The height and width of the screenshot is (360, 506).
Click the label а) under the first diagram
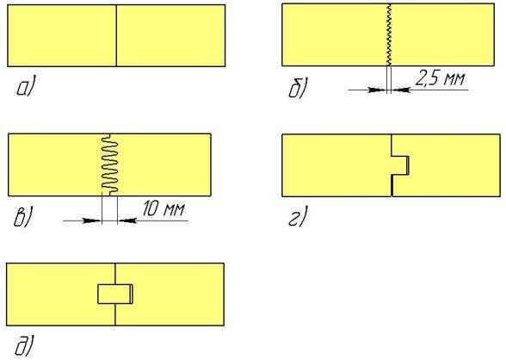tap(25, 86)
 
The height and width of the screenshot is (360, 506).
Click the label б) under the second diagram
tap(298, 88)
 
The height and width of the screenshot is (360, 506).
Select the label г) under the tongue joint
tap(298, 217)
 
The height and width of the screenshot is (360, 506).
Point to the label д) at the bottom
tap(24, 346)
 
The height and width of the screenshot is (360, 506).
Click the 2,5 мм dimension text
tap(440, 78)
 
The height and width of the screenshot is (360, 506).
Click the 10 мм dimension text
tap(164, 208)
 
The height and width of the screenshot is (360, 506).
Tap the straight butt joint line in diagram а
tap(116, 35)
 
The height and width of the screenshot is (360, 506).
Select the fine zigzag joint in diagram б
tap(389, 34)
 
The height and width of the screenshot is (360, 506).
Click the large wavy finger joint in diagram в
tap(110, 164)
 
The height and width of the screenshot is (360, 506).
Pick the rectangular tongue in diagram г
tap(400, 165)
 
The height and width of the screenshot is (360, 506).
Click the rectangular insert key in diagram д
tap(115, 294)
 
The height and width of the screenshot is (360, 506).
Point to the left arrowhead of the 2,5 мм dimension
tap(378, 90)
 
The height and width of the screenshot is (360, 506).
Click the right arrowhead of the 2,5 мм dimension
tap(400, 90)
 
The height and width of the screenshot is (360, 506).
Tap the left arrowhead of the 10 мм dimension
tap(93, 220)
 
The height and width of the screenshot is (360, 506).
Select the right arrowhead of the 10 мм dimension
tap(126, 220)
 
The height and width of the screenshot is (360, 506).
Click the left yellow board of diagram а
tap(62, 35)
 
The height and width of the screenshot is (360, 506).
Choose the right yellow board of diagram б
tap(442, 34)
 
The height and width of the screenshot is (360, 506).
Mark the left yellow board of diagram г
tap(336, 165)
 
